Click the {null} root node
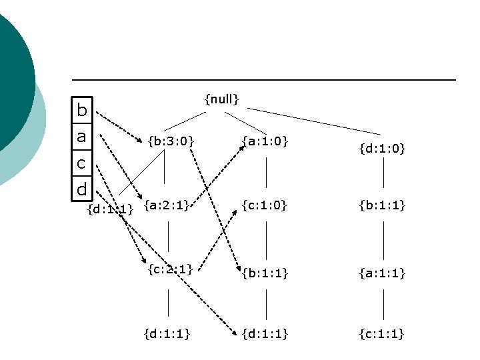click(221, 99)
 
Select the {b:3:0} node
click(171, 141)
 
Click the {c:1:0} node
click(265, 206)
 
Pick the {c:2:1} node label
click(170, 269)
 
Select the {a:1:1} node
click(382, 272)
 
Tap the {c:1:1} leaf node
click(382, 333)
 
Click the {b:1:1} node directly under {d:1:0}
click(382, 206)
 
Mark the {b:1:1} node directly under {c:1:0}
click(265, 272)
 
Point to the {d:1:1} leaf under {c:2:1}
click(167, 333)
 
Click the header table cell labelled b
click(81, 111)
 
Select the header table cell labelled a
click(81, 137)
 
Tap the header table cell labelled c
click(81, 163)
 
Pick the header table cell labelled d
click(81, 189)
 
